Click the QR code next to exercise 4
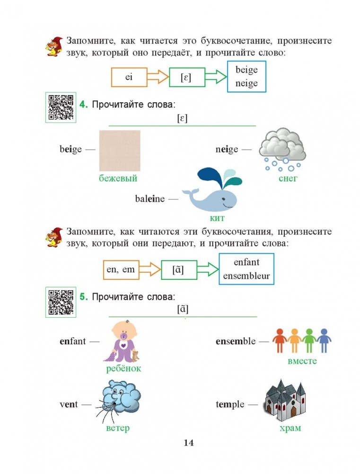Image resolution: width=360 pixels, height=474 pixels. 61,107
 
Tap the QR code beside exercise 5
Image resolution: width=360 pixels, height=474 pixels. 61,302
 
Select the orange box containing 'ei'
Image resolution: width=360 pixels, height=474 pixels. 128,77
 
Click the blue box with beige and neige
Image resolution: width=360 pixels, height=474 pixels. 246,77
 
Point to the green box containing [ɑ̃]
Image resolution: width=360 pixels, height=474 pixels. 178,270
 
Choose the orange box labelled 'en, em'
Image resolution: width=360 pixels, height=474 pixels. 121,270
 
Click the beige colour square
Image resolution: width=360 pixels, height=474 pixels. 120,150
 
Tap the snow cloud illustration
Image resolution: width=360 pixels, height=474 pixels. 282,149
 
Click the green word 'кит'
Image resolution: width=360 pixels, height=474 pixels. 217,218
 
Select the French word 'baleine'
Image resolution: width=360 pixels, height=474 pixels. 150,199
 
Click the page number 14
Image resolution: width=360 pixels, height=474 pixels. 188,443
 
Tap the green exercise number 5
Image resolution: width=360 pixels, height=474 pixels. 83,297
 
